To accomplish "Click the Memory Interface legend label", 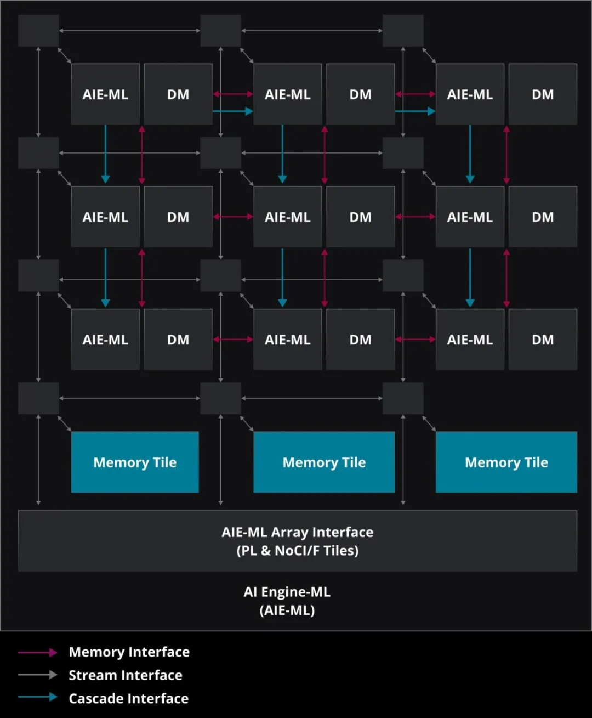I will pyautogui.click(x=129, y=652).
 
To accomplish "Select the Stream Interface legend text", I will pyautogui.click(x=125, y=675).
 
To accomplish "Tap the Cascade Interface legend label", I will pyautogui.click(x=128, y=698).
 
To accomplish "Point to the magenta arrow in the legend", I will pyautogui.click(x=37, y=652).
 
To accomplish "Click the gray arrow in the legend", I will pyautogui.click(x=37, y=675).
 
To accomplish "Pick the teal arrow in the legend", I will pyautogui.click(x=37, y=698).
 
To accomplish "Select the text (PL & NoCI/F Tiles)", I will pyautogui.click(x=297, y=551).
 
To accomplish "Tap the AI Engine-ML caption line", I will pyautogui.click(x=287, y=592).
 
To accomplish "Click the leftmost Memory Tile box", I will pyautogui.click(x=135, y=462).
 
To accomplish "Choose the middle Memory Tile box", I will pyautogui.click(x=324, y=462).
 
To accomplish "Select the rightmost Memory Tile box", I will pyautogui.click(x=506, y=462).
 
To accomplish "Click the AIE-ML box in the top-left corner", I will pyautogui.click(x=105, y=94).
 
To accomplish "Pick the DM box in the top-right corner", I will pyautogui.click(x=543, y=94).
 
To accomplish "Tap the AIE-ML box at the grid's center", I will pyautogui.click(x=287, y=217).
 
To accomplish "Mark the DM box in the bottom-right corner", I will pyautogui.click(x=543, y=339).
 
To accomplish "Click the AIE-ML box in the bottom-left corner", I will pyautogui.click(x=105, y=339).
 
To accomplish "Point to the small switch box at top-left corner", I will pyautogui.click(x=38, y=31).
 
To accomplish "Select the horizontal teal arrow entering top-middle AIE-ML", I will pyautogui.click(x=232, y=111).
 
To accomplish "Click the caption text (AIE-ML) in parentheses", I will pyautogui.click(x=287, y=610).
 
